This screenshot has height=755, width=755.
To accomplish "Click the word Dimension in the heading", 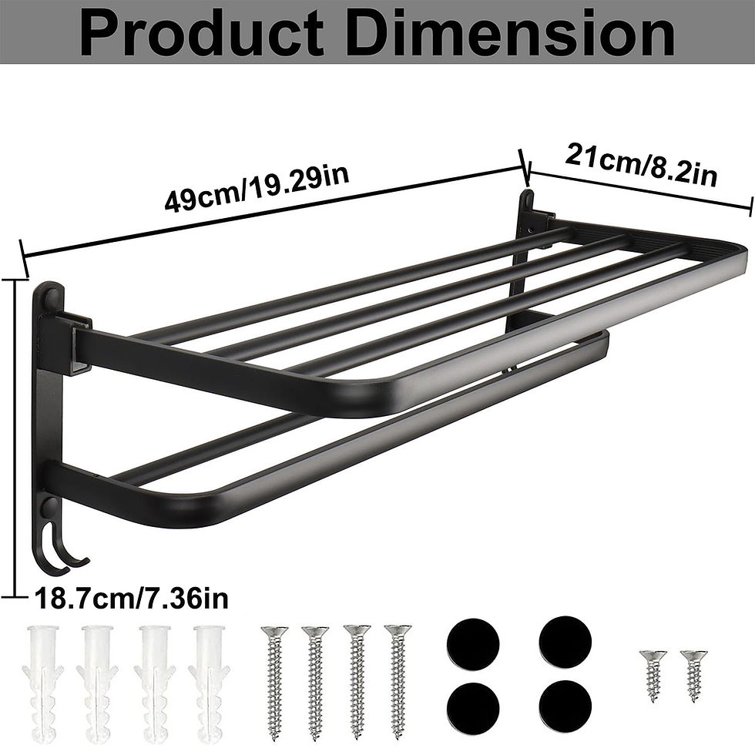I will point(518,32).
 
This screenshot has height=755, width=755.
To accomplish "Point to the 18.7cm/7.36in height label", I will point(129,598).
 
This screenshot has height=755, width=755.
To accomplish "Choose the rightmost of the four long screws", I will point(397,671).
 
